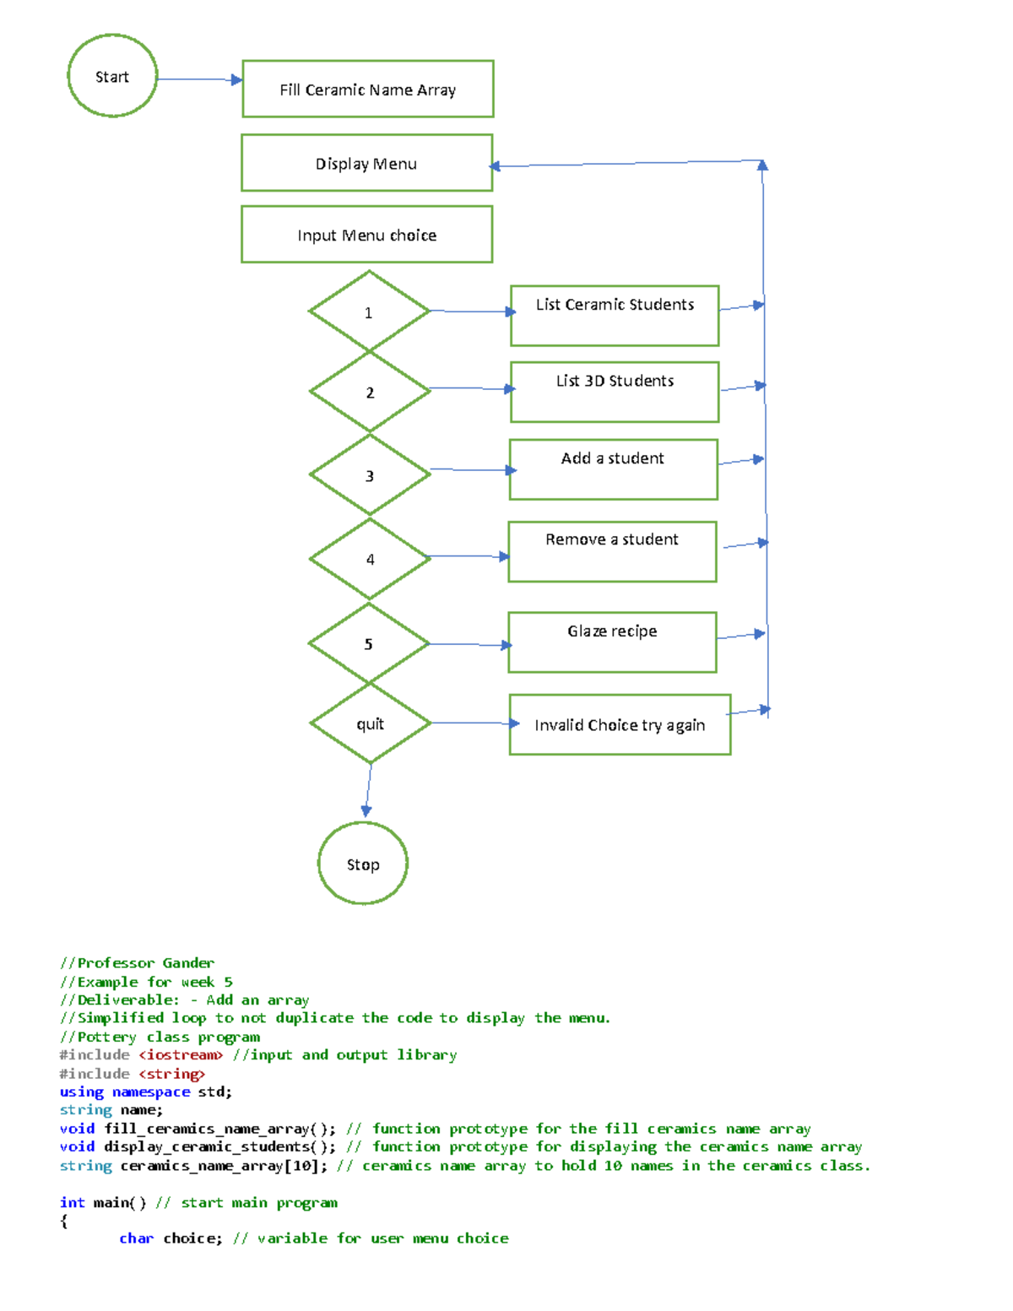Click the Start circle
pyautogui.click(x=112, y=76)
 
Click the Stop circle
pyautogui.click(x=363, y=864)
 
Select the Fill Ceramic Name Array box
pyautogui.click(x=368, y=89)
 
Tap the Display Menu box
pyautogui.click(x=366, y=163)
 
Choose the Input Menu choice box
pyautogui.click(x=366, y=235)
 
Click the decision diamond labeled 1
pyautogui.click(x=369, y=311)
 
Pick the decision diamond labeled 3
pyautogui.click(x=370, y=474)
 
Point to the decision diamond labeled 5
pyautogui.click(x=369, y=643)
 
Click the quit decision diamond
pyautogui.click(x=370, y=723)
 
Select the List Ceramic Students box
pyautogui.click(x=615, y=316)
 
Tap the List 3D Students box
pyautogui.click(x=615, y=392)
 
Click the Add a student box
pyautogui.click(x=613, y=469)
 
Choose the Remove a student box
pyautogui.click(x=612, y=551)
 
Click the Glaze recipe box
pyautogui.click(x=612, y=642)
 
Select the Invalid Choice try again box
pyautogui.click(x=620, y=724)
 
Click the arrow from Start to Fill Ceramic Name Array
pyautogui.click(x=199, y=79)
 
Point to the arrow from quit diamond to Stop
pyautogui.click(x=368, y=789)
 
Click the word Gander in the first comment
pyautogui.click(x=188, y=962)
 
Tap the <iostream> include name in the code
pyautogui.click(x=181, y=1054)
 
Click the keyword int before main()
pyautogui.click(x=72, y=1202)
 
